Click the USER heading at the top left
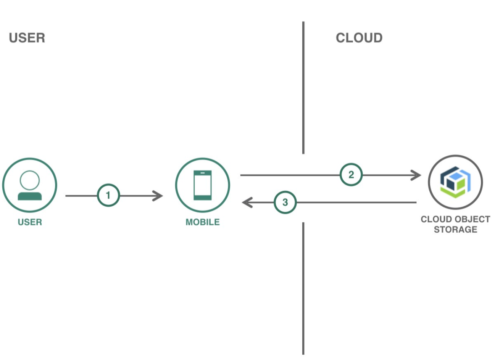[x=27, y=38]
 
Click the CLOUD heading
[x=359, y=38]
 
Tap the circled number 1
[x=108, y=195]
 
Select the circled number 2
[x=351, y=175]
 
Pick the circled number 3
[x=285, y=202]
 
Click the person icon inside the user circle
[x=30, y=186]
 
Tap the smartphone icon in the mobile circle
[x=202, y=185]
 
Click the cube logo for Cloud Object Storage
[x=455, y=182]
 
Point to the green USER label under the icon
[x=30, y=222]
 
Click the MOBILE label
[x=202, y=222]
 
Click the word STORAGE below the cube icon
[x=455, y=230]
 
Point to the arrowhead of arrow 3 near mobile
[x=247, y=202]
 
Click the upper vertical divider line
[x=303, y=88]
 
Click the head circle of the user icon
[x=30, y=180]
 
